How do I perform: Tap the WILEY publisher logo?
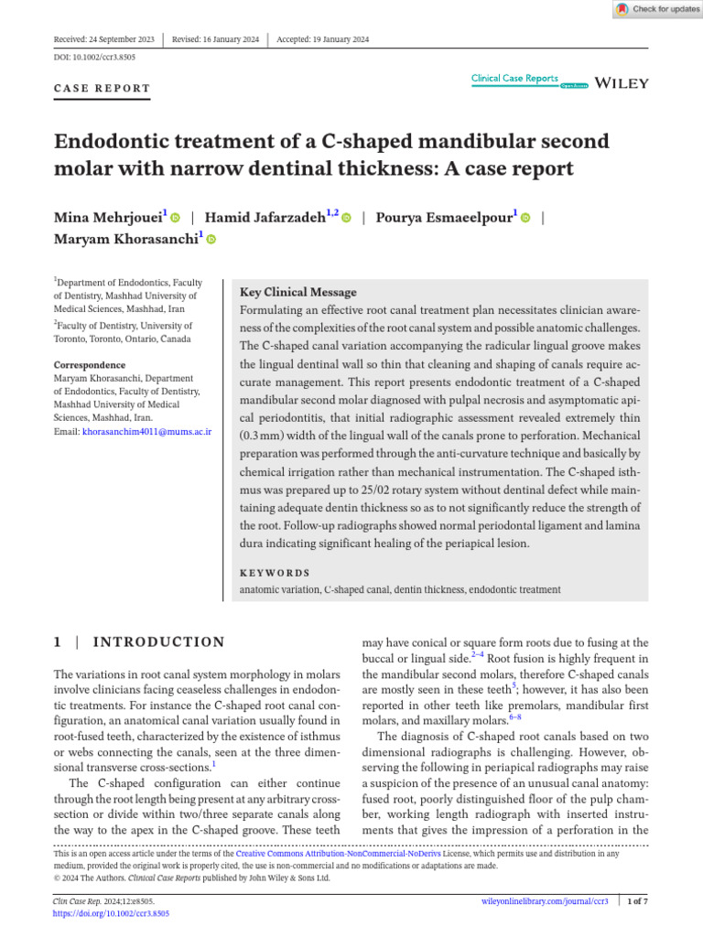click(622, 83)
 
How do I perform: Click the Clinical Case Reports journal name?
click(514, 79)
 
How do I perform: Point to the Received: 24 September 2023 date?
click(104, 39)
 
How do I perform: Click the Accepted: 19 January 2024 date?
click(322, 39)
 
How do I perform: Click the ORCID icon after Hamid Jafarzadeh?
click(346, 218)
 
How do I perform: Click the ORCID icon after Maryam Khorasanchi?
click(211, 240)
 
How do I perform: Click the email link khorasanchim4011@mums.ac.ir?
click(146, 431)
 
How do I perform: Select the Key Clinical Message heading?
click(297, 292)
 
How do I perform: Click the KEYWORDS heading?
click(275, 573)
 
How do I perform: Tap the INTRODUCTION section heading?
click(159, 642)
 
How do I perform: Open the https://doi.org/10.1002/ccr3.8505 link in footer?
click(112, 913)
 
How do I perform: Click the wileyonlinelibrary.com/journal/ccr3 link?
click(545, 901)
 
